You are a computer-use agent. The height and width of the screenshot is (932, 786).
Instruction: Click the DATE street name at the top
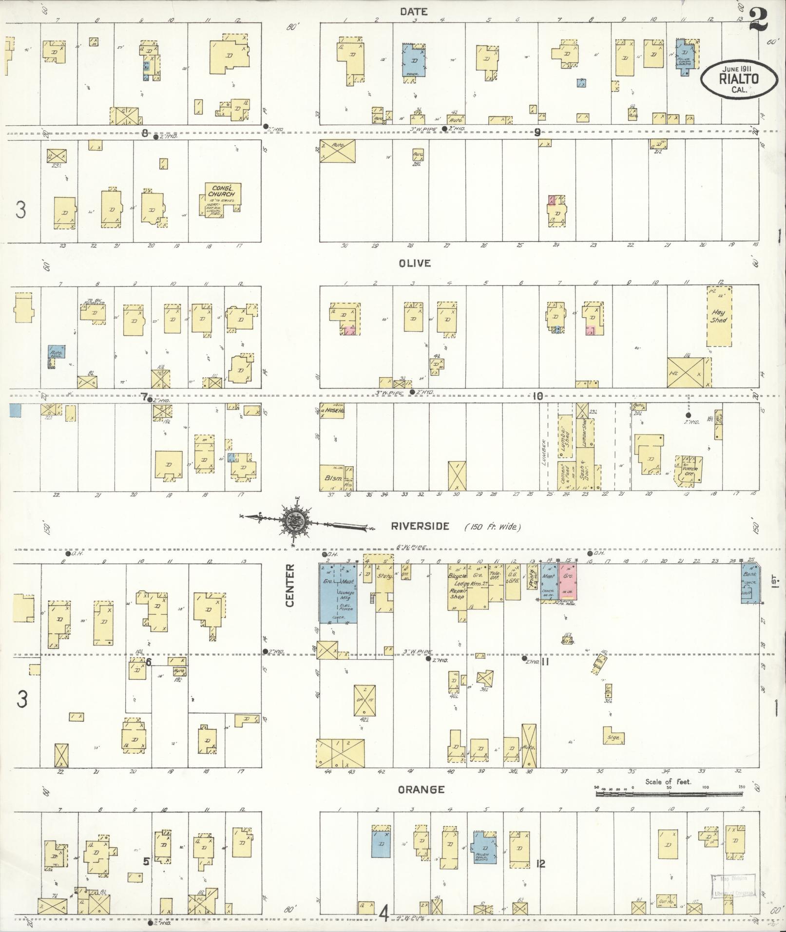pyautogui.click(x=414, y=11)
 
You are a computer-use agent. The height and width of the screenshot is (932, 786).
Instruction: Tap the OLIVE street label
pyautogui.click(x=414, y=263)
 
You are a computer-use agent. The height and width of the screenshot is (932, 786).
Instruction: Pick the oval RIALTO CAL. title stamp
pyautogui.click(x=732, y=79)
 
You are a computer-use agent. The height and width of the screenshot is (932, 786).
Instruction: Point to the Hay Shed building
pyautogui.click(x=719, y=317)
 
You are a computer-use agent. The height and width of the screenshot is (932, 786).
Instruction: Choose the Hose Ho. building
pyautogui.click(x=332, y=410)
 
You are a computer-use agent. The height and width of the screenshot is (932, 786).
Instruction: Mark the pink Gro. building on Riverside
pyautogui.click(x=568, y=582)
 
